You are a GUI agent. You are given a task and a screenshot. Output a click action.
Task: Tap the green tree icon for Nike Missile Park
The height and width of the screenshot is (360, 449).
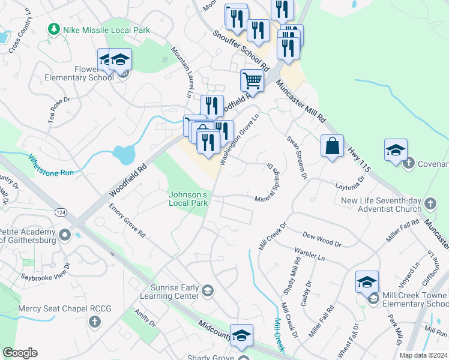(55, 29)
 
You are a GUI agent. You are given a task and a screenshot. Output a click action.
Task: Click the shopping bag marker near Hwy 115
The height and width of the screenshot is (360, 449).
(332, 146)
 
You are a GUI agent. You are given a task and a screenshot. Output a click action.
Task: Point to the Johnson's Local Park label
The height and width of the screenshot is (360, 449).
(188, 199)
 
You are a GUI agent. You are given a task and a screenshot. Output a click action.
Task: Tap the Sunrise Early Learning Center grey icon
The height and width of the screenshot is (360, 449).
(207, 291)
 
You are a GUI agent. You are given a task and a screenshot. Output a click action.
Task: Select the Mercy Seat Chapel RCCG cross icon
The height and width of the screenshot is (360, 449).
(94, 323)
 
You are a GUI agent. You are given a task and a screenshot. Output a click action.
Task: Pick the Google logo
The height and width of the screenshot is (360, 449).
(20, 353)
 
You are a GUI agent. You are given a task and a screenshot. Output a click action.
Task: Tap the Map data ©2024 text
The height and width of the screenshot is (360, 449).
(424, 355)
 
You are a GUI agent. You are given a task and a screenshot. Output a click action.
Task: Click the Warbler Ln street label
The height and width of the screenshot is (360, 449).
(309, 255)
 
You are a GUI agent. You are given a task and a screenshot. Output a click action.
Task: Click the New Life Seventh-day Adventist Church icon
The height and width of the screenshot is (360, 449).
(429, 204)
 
